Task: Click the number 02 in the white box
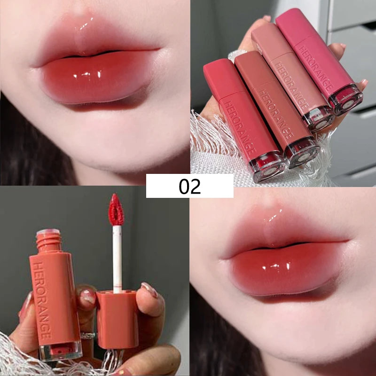(x=189, y=186)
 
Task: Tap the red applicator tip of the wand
(x=116, y=210)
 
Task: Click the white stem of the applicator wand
(x=117, y=259)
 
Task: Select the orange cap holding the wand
(x=117, y=320)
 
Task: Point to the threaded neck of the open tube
(x=49, y=242)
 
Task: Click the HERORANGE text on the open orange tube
(x=42, y=300)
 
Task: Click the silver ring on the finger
(x=88, y=336)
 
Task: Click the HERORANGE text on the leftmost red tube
(x=239, y=127)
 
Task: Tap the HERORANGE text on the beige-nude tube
(x=291, y=86)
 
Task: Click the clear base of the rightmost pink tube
(x=345, y=99)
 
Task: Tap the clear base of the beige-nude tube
(x=319, y=119)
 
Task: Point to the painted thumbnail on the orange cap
(x=149, y=290)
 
